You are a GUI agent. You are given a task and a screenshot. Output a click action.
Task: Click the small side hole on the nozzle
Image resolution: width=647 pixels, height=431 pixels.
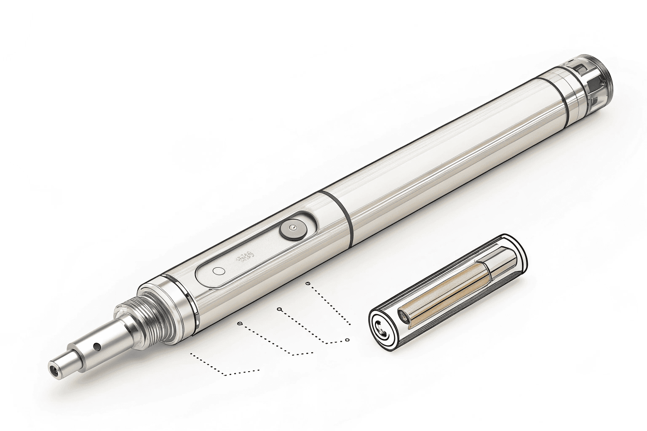pyautogui.click(x=97, y=346)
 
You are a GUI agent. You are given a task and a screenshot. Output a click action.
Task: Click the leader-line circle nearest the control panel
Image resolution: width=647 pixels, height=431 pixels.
pyautogui.click(x=308, y=284)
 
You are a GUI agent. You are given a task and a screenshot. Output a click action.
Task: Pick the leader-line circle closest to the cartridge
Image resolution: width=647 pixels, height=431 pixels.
pyautogui.click(x=347, y=340)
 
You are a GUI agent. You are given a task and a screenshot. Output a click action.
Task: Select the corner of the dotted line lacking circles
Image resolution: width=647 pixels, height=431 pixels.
pyautogui.click(x=226, y=374)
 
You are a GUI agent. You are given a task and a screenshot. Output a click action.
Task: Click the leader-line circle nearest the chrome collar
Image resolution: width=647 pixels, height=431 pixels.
pyautogui.click(x=240, y=323)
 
